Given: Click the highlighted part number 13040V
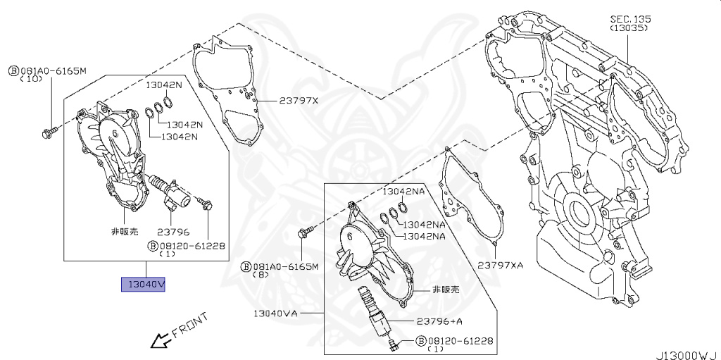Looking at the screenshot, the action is click(144, 284).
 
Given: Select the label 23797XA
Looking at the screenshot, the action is click(501, 265).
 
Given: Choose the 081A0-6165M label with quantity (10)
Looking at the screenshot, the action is click(47, 71).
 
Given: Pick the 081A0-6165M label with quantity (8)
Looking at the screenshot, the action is click(281, 267).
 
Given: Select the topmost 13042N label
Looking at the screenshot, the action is click(163, 85).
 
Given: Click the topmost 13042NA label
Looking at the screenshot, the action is click(404, 192).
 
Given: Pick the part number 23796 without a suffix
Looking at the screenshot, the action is click(173, 231).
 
